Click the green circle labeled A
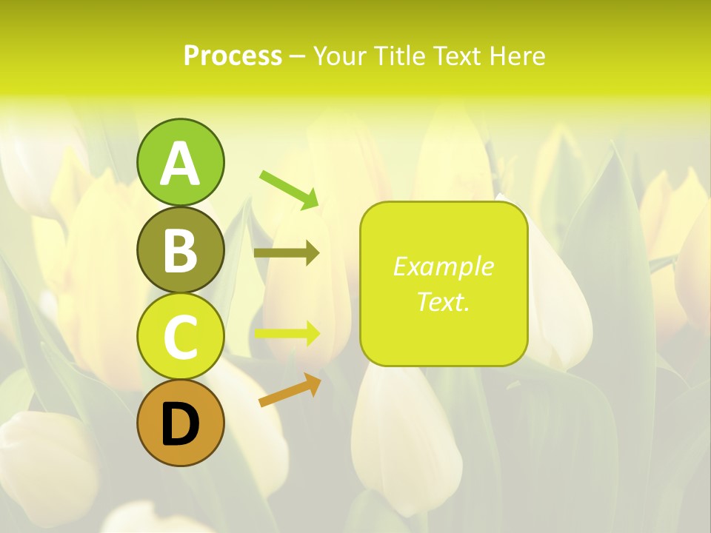[x=180, y=162]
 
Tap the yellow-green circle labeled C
[x=180, y=336]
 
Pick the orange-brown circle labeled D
[x=180, y=423]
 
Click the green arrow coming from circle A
[x=288, y=189]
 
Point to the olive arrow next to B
[x=286, y=253]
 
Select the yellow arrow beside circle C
[x=286, y=333]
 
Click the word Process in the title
[x=233, y=56]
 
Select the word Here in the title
[x=516, y=56]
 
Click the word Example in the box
[x=443, y=266]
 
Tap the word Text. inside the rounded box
[x=443, y=301]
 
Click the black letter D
[x=180, y=424]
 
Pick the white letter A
[x=180, y=164]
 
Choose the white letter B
[x=180, y=250]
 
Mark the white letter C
[x=180, y=337]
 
